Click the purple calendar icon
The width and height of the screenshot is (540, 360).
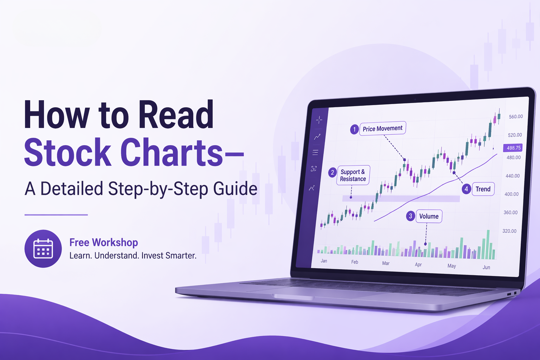tap(43, 249)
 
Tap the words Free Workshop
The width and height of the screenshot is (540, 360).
tap(103, 242)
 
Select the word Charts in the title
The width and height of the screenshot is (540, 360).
tap(172, 153)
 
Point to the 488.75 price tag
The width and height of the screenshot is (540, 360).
tap(513, 148)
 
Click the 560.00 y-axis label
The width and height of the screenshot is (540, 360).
tap(516, 117)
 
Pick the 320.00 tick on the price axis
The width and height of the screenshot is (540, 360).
tap(509, 231)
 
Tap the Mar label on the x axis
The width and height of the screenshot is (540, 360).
tap(386, 263)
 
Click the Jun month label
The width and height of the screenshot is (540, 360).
tap(486, 268)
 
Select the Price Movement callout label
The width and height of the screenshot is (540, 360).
tap(382, 129)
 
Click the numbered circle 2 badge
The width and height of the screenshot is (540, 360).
tap(332, 173)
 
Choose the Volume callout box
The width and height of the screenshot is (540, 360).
tap(429, 217)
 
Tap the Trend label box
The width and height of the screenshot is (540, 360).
tap(483, 189)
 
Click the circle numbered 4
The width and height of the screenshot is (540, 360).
tap(466, 189)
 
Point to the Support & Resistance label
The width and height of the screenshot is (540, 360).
tap(353, 175)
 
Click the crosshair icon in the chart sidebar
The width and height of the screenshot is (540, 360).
tap(319, 120)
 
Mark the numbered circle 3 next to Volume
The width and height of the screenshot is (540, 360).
tap(410, 216)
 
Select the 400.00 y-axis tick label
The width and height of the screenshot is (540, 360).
tap(511, 194)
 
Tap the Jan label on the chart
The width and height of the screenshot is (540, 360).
tap(324, 261)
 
